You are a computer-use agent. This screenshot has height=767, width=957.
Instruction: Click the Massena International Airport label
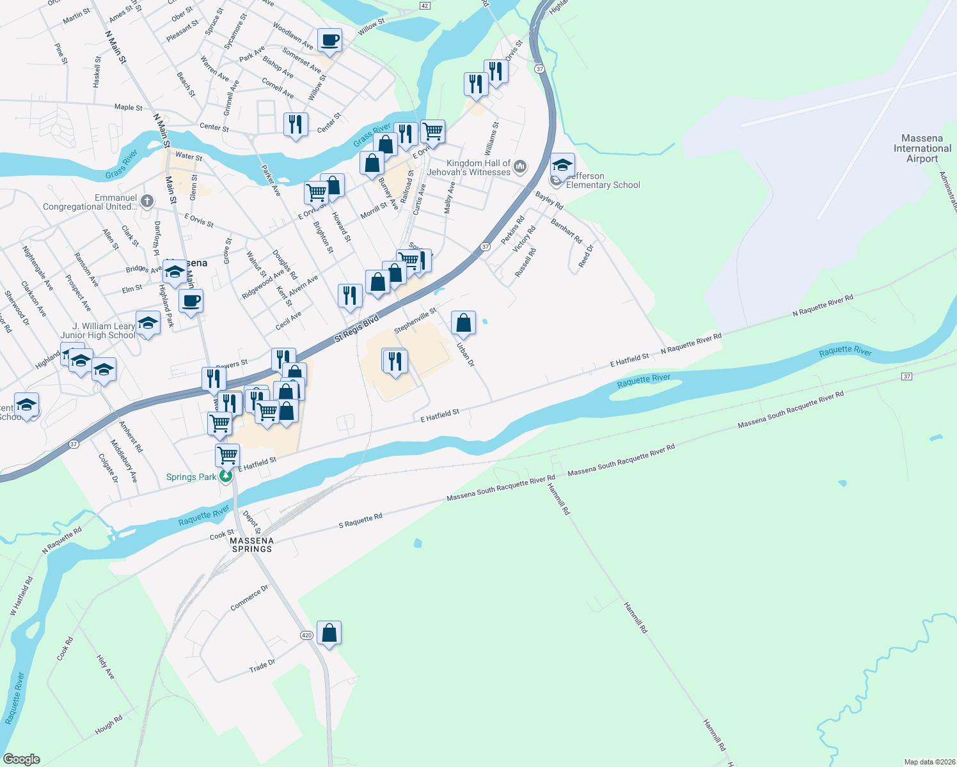pos(922,148)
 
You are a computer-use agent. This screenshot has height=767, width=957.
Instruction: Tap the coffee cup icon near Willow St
pos(329,40)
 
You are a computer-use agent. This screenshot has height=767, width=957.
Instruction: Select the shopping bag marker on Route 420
pos(329,633)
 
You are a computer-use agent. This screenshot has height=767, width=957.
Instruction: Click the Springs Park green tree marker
pos(226,477)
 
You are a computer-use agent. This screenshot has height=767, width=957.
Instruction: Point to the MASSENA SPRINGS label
pos(252,545)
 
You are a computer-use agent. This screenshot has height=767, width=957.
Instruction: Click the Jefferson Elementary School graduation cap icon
pos(562,166)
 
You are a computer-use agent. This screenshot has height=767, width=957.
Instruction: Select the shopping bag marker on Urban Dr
pos(463,323)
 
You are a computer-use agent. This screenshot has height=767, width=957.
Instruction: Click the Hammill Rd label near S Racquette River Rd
pos(558,499)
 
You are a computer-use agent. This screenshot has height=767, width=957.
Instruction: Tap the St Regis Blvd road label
pos(356,328)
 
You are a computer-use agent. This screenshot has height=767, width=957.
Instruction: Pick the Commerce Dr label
pos(249,598)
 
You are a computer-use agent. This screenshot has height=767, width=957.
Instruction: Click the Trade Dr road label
pos(262,665)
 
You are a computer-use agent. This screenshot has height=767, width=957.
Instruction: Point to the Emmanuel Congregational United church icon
pos(147,202)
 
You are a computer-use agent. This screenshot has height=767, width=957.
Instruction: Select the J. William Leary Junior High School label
pos(98,330)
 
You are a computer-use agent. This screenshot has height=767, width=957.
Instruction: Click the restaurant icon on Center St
pos(295,125)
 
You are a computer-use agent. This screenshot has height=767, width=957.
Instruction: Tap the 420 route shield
pos(306,635)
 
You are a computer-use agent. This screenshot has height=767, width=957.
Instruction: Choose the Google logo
pos(22,759)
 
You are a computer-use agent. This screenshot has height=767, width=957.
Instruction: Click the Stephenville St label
pos(415,320)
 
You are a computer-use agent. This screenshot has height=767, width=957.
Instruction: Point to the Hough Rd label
pos(109,725)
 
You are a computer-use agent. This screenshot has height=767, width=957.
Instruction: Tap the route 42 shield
pos(425,5)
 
